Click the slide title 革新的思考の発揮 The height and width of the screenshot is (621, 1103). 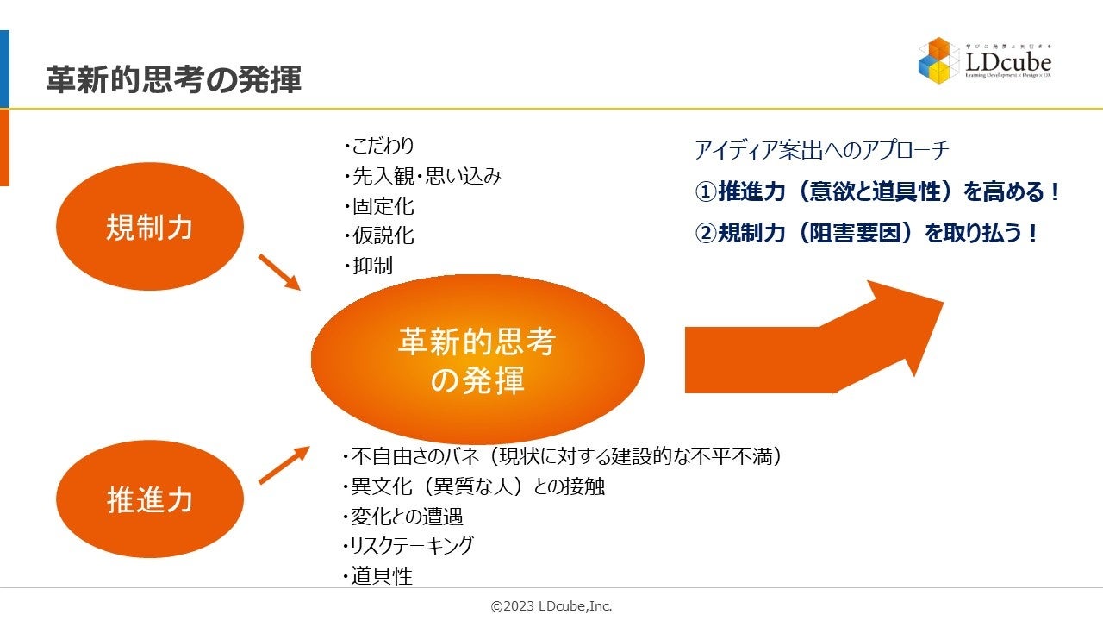[x=173, y=79]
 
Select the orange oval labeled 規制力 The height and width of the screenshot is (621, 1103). [x=150, y=227]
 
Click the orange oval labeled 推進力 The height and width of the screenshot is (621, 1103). [x=150, y=499]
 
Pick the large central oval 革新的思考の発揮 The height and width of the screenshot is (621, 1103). [x=477, y=360]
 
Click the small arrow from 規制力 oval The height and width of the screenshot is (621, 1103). [x=278, y=271]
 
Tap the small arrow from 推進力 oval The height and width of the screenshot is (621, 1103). [x=283, y=465]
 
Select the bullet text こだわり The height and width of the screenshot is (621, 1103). [x=380, y=146]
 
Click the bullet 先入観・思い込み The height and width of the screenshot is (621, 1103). [x=423, y=176]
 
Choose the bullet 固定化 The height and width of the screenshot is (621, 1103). [x=380, y=206]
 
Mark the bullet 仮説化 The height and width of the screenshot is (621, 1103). [x=380, y=235]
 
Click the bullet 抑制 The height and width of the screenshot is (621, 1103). [x=369, y=266]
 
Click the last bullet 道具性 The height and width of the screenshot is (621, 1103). [x=378, y=576]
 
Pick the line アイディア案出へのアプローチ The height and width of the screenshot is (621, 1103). [x=822, y=150]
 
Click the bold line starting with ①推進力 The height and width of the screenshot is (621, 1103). [x=878, y=191]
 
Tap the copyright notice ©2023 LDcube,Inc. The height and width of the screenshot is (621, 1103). [x=551, y=606]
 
